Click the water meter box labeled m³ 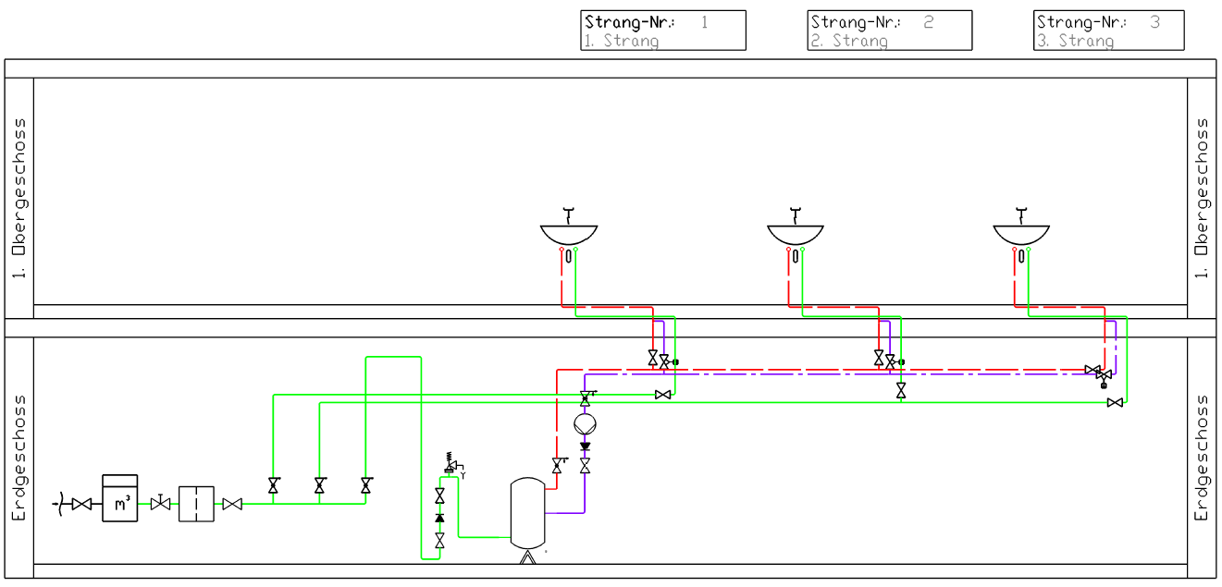tap(120, 498)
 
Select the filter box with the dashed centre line tap(196, 504)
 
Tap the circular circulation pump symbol tap(585, 423)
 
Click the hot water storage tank tap(527, 513)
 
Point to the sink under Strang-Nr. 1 tap(569, 235)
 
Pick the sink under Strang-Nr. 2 tap(796, 235)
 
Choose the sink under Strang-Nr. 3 tap(1021, 235)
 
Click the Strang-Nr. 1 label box tap(663, 31)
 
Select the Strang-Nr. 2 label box tap(890, 31)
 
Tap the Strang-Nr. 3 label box tap(1109, 31)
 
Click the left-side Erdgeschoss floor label tap(19, 458)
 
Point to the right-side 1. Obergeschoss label tap(1202, 198)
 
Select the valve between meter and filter tap(160, 503)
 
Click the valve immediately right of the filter tap(232, 504)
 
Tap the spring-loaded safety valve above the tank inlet tap(452, 464)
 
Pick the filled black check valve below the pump tap(585, 446)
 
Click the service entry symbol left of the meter tap(59, 504)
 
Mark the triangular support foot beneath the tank tap(527, 557)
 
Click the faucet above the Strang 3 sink tap(1021, 215)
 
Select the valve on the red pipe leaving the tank tap(558, 465)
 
